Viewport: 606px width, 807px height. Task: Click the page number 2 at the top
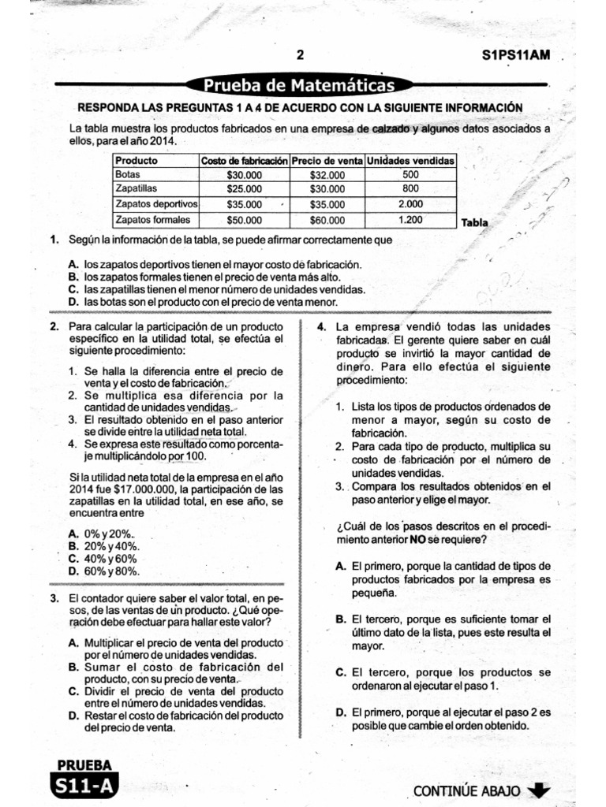click(x=299, y=55)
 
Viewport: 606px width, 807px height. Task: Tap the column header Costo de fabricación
click(x=245, y=160)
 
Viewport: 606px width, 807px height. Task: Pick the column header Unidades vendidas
click(x=410, y=160)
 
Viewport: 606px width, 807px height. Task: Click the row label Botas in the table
click(x=127, y=175)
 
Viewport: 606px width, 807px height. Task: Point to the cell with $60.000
click(x=327, y=220)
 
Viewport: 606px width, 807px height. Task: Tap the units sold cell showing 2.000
click(x=410, y=205)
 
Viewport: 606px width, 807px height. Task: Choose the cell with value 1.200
click(x=410, y=220)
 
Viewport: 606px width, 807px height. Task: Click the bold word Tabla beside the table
click(x=475, y=223)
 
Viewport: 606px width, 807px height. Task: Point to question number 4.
click(x=322, y=326)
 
